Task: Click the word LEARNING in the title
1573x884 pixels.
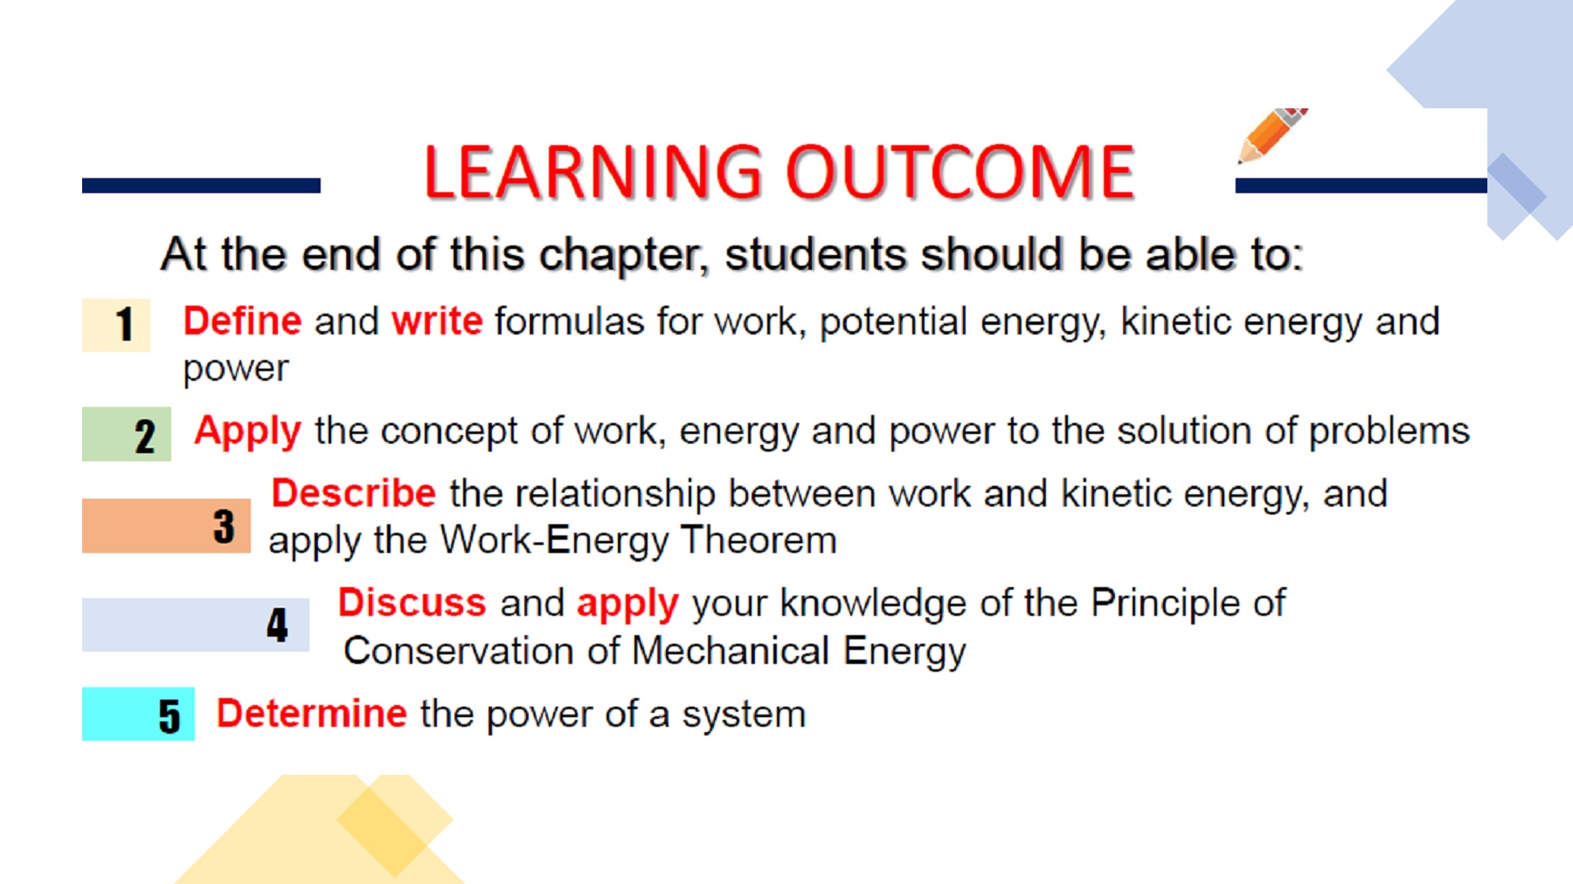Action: coord(593,172)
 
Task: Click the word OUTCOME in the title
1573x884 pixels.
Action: coord(960,172)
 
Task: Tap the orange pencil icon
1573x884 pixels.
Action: coord(1272,135)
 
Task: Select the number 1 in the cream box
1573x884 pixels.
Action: coord(125,324)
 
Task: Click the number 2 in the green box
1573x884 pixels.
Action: coord(145,436)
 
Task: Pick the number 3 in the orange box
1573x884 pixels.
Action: coord(224,527)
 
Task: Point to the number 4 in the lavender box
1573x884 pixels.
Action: coord(277,625)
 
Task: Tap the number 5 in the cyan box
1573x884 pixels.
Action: coord(170,716)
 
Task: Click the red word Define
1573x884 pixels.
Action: coord(242,321)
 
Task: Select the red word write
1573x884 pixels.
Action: coord(437,321)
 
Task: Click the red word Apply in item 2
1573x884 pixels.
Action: coord(248,432)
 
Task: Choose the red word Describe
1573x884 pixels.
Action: coord(354,494)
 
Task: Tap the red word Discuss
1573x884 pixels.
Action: coord(412,603)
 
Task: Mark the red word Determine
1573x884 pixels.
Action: coord(312,714)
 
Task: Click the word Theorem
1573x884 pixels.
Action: coord(759,540)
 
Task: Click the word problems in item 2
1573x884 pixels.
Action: coord(1389,432)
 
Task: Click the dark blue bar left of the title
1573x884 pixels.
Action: coord(201,185)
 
